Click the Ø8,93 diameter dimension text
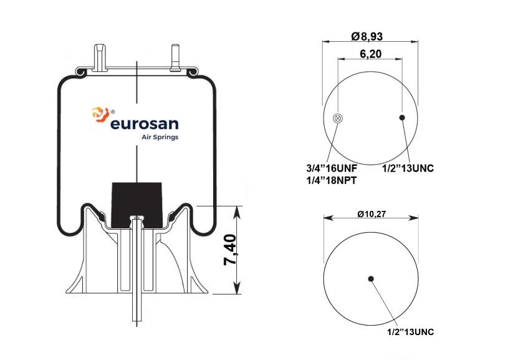click(370, 36)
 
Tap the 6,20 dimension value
click(370, 54)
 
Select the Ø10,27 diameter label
click(372, 214)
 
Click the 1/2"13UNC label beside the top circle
click(408, 168)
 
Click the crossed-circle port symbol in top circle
click(338, 118)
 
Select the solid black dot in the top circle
click(403, 117)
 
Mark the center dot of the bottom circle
click(371, 278)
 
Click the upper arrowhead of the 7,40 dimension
click(238, 210)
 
